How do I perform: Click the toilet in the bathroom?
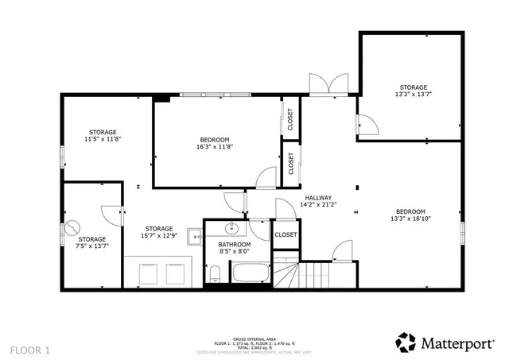(x=216, y=275)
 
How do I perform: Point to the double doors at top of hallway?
(x=328, y=83)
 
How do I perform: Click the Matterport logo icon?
(x=406, y=342)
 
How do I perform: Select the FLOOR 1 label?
(x=30, y=350)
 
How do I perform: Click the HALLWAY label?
(x=318, y=198)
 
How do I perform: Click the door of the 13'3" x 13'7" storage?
(x=367, y=123)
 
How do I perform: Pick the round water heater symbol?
(x=73, y=226)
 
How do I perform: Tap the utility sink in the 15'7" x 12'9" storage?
(x=193, y=236)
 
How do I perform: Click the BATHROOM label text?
(x=235, y=245)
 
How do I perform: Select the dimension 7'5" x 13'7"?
(x=92, y=247)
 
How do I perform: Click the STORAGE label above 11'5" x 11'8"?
(x=103, y=132)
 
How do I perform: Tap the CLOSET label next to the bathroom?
(x=286, y=235)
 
